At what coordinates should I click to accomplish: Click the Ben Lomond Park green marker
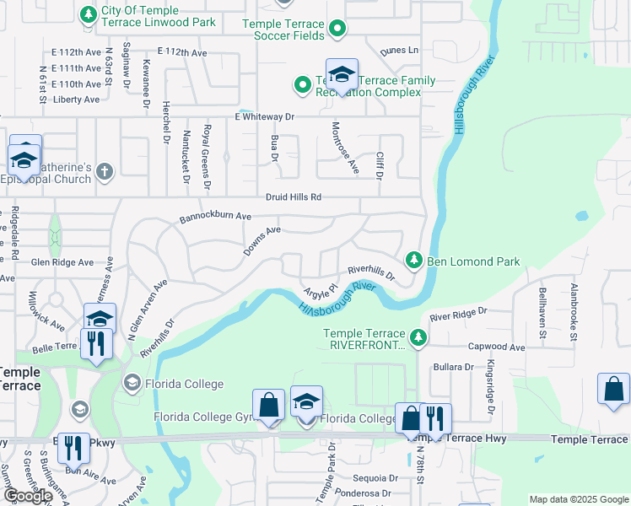pyautogui.click(x=413, y=261)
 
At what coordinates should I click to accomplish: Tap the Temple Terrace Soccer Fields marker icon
pyautogui.click(x=337, y=30)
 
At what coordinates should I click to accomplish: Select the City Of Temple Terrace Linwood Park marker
pyautogui.click(x=87, y=14)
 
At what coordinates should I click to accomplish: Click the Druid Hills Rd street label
pyautogui.click(x=293, y=197)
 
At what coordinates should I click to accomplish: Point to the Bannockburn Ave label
pyautogui.click(x=215, y=218)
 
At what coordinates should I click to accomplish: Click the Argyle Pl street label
pyautogui.click(x=321, y=290)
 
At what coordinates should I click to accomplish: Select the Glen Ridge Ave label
pyautogui.click(x=62, y=262)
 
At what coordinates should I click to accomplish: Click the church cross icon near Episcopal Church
pyautogui.click(x=105, y=172)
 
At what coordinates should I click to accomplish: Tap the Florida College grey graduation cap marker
pyautogui.click(x=132, y=384)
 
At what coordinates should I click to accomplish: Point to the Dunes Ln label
pyautogui.click(x=399, y=51)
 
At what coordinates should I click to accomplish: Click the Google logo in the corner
pyautogui.click(x=27, y=496)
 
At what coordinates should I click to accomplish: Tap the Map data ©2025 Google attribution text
pyautogui.click(x=579, y=499)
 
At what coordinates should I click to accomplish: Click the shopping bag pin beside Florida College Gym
pyautogui.click(x=267, y=405)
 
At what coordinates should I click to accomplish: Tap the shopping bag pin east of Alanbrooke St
pyautogui.click(x=613, y=389)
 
